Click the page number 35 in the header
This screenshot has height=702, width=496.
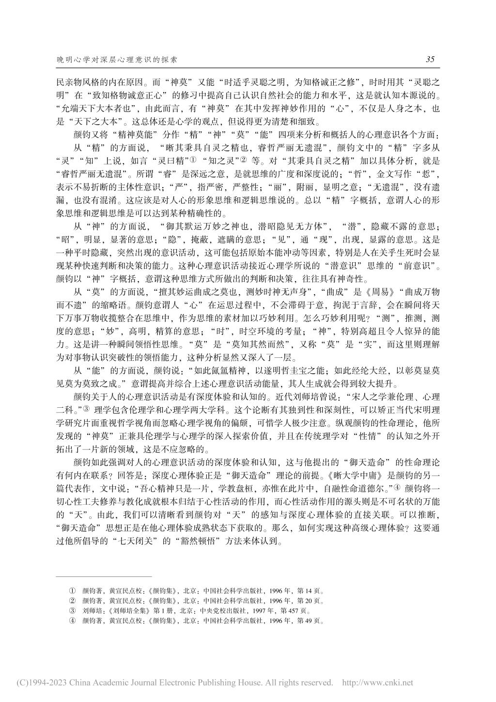430,59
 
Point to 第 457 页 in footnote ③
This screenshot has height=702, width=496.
297,611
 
